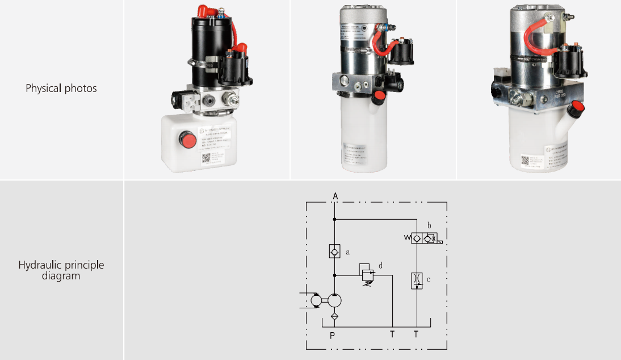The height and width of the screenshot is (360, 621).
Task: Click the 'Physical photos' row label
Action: pyautogui.click(x=61, y=89)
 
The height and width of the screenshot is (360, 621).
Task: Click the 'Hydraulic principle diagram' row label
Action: pyautogui.click(x=61, y=270)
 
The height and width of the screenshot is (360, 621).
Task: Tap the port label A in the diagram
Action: pyautogui.click(x=335, y=196)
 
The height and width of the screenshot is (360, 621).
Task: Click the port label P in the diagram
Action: pyautogui.click(x=333, y=335)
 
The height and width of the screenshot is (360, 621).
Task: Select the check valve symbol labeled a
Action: pyautogui.click(x=334, y=251)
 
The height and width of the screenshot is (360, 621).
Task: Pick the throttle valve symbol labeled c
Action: pyautogui.click(x=417, y=281)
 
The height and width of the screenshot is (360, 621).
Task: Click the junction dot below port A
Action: pyautogui.click(x=334, y=219)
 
